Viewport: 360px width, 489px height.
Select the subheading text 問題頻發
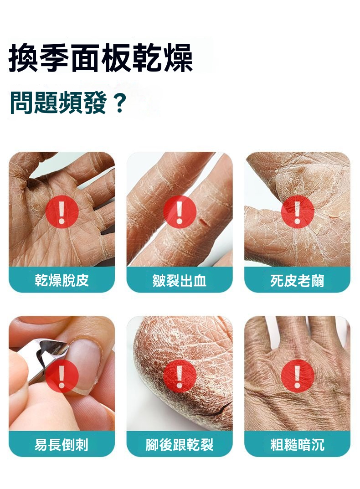pyautogui.click(x=58, y=103)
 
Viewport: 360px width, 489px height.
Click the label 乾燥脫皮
pyautogui.click(x=62, y=280)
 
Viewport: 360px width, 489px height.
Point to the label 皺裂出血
pyautogui.click(x=180, y=280)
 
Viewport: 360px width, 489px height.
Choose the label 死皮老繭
pyautogui.click(x=297, y=280)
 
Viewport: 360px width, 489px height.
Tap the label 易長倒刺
pyautogui.click(x=62, y=444)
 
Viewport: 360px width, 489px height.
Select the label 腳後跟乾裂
pyautogui.click(x=180, y=444)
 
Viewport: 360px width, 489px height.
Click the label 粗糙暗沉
pyautogui.click(x=297, y=444)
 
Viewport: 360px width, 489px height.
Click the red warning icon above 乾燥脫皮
pyautogui.click(x=62, y=212)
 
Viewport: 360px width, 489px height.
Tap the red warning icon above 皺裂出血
pyautogui.click(x=180, y=212)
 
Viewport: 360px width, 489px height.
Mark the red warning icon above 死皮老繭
pyautogui.click(x=297, y=212)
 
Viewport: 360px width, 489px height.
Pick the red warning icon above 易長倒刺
pyautogui.click(x=62, y=376)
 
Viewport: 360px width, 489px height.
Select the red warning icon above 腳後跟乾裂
pyautogui.click(x=180, y=376)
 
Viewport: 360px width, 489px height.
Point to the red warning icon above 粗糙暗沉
pyautogui.click(x=297, y=376)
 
